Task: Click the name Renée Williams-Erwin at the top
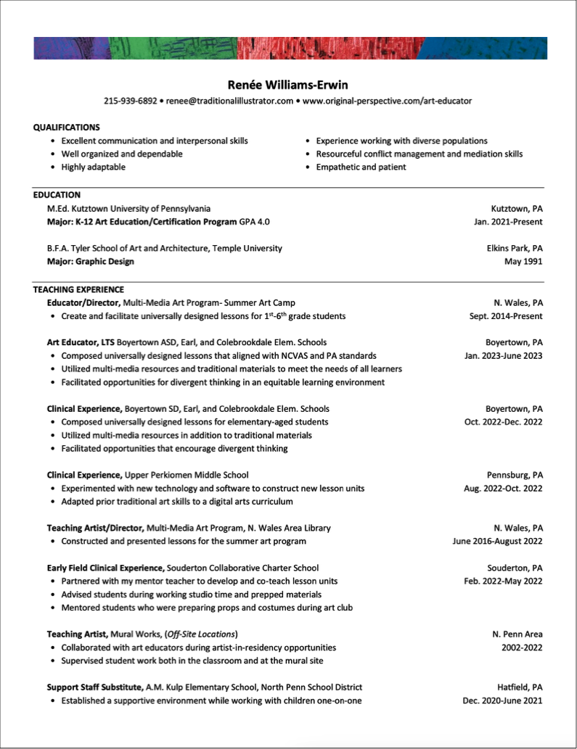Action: tap(288, 85)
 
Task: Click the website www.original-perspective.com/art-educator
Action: tap(387, 101)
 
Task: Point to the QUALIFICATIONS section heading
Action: tap(67, 128)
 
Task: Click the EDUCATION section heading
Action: tap(57, 195)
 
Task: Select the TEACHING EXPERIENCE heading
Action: tap(78, 289)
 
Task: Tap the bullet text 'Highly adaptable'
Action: tap(93, 167)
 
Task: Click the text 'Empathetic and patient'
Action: tap(361, 167)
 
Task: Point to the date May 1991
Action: tap(523, 262)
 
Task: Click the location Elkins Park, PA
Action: tap(515, 249)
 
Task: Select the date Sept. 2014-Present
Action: tap(506, 316)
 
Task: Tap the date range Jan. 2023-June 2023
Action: tap(503, 356)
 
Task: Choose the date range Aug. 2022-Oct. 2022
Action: tap(503, 489)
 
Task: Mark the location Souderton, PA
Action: tap(515, 568)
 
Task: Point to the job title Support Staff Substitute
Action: tap(95, 687)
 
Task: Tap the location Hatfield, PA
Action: tap(519, 687)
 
